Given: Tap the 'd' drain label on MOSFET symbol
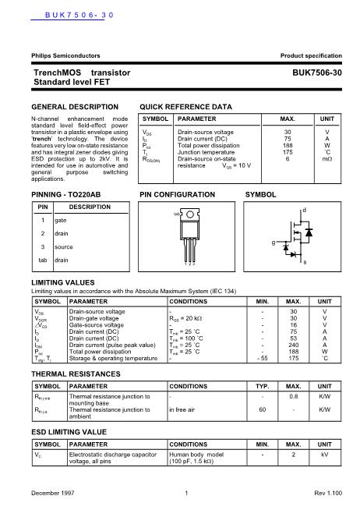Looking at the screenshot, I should [x=303, y=211].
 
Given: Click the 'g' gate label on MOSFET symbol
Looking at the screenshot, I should [x=273, y=243].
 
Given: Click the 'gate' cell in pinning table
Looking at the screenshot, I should [x=61, y=220].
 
